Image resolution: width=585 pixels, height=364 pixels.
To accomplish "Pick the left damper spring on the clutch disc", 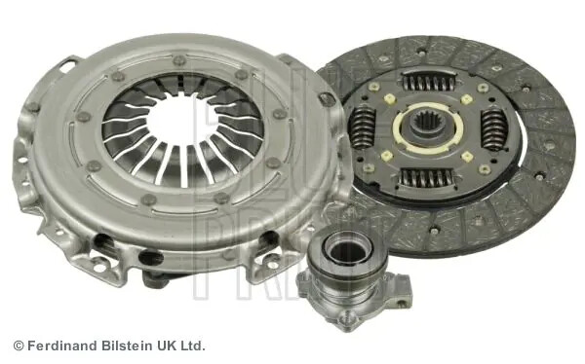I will (365, 127).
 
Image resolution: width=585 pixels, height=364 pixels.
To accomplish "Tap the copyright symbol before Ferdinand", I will (19, 346).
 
